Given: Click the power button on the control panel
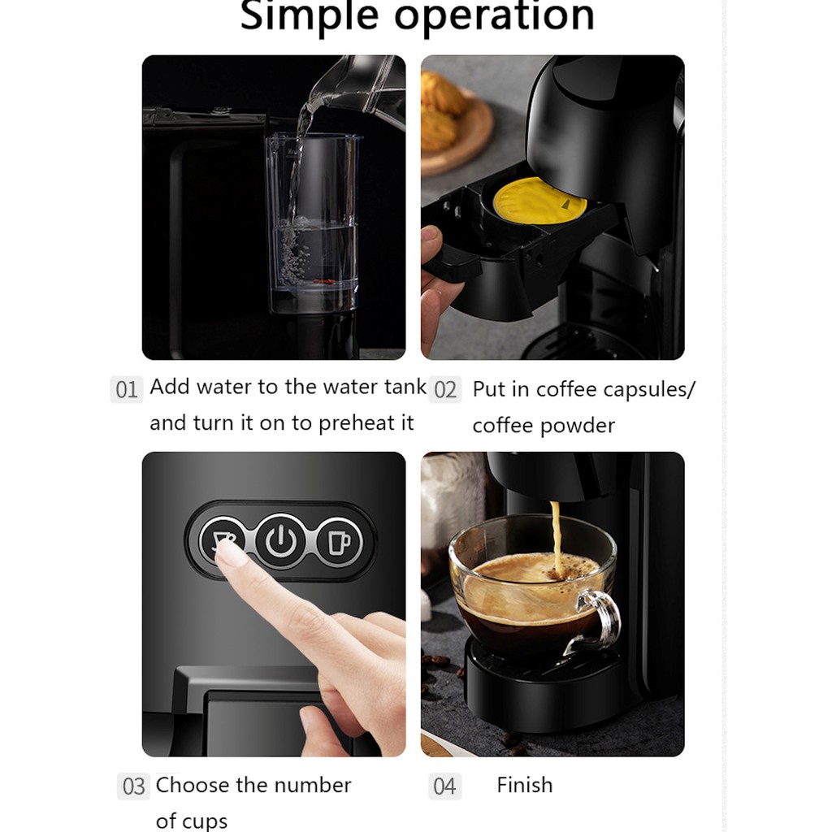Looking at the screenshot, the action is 280,541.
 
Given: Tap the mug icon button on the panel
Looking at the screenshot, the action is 340,542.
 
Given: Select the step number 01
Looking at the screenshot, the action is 126,390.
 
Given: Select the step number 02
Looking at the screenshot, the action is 445,390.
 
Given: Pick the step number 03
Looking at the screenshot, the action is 133,786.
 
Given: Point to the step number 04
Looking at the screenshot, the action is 444,786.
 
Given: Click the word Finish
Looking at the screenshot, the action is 525,785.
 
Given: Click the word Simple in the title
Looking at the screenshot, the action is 310,17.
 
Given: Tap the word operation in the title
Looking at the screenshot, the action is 494,17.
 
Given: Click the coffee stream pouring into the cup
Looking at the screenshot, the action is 556,536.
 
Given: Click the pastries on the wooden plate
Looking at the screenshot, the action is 440,110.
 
